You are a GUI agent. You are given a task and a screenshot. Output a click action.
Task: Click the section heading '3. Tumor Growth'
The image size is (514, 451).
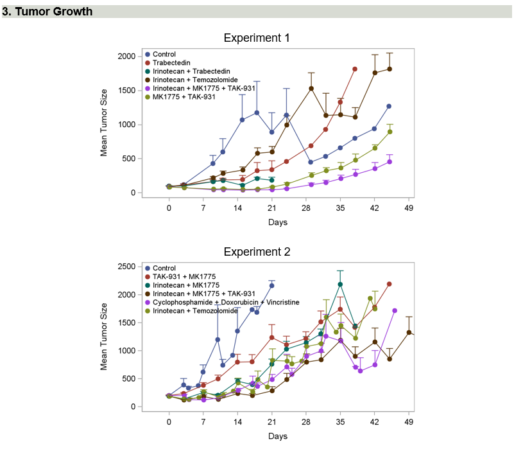(47, 12)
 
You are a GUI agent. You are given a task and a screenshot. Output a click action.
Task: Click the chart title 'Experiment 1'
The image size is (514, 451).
(256, 38)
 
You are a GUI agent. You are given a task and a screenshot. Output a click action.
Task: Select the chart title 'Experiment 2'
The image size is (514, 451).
(256, 252)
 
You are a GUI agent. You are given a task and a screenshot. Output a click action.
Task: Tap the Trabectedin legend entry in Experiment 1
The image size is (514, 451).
(170, 62)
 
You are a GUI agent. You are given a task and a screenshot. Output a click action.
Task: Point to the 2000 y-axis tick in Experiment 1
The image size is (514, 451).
(126, 57)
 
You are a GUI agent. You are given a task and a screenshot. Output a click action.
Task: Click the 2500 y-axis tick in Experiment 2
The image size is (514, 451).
(126, 267)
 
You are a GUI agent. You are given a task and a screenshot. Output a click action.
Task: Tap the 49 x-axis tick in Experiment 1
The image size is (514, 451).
(409, 208)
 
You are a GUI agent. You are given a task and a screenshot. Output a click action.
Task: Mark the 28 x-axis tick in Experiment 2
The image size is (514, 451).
(306, 422)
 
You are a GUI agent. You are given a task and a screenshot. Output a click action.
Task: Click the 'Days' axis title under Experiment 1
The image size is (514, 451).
(278, 222)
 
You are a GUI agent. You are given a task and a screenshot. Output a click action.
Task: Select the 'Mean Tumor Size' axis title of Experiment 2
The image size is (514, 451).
(104, 337)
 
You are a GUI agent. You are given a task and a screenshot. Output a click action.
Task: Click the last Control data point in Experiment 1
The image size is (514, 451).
(389, 106)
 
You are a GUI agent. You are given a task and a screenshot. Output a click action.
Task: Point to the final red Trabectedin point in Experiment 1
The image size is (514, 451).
(355, 69)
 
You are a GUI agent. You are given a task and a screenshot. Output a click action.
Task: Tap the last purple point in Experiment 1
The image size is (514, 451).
(390, 162)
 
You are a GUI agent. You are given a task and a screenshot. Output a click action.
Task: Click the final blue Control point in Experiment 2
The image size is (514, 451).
(271, 285)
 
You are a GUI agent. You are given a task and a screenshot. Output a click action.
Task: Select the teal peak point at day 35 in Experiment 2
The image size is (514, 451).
(340, 284)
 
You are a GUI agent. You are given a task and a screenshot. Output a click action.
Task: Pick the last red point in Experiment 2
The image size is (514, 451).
(390, 284)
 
